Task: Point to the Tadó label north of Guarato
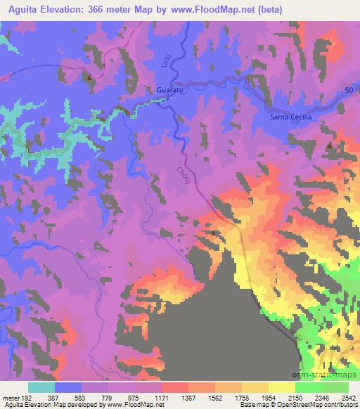coord(167,61)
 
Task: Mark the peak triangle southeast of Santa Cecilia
coord(330,145)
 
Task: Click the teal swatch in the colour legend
coord(41,387)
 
